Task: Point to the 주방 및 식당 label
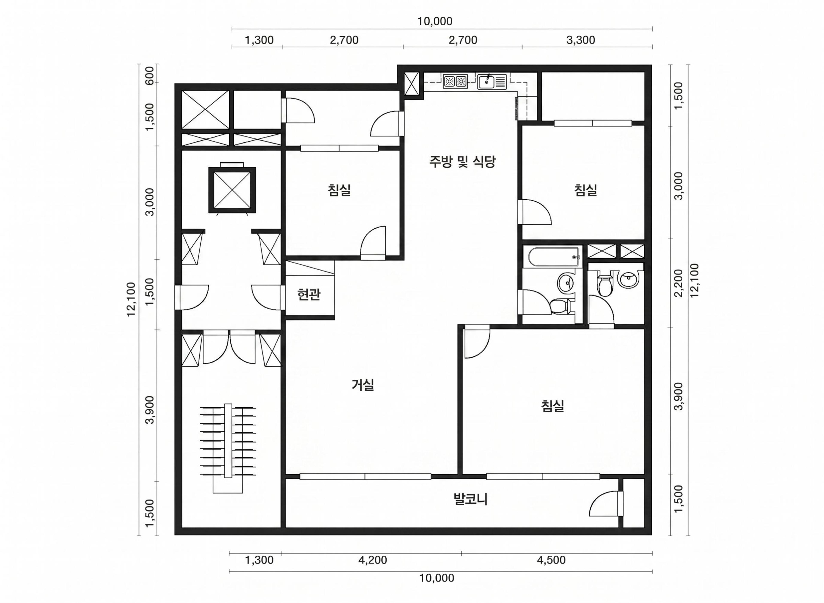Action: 462,161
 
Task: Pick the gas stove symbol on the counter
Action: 455,82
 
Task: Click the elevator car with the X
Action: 232,190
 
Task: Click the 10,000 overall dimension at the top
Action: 435,21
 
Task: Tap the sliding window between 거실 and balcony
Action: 365,476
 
